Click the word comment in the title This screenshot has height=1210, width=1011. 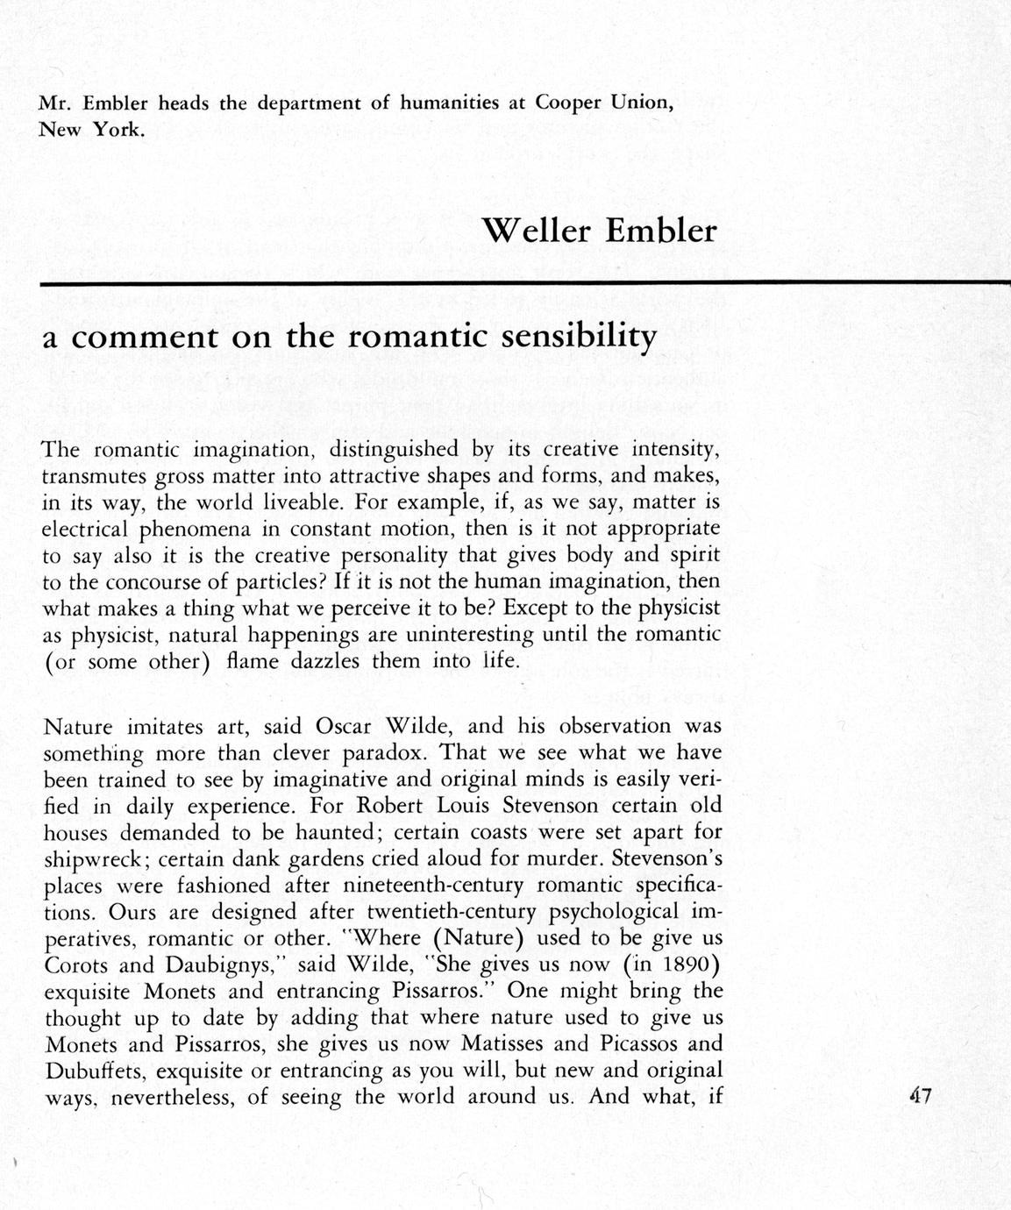click(144, 338)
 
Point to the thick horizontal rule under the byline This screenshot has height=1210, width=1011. click(526, 283)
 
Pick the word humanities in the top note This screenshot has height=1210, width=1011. click(449, 102)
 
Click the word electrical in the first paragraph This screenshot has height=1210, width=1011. click(85, 530)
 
